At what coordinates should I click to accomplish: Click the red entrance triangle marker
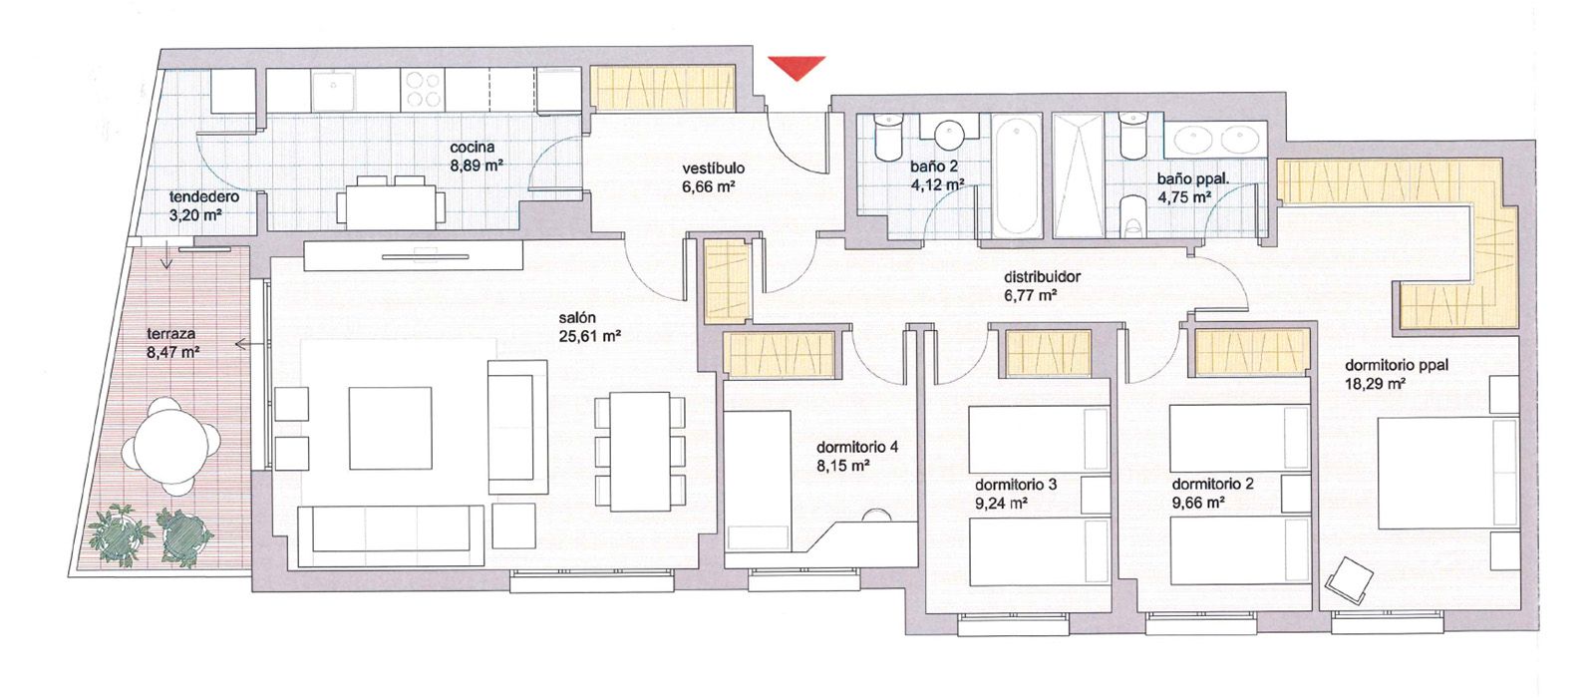click(x=797, y=67)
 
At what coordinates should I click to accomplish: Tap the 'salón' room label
click(x=577, y=318)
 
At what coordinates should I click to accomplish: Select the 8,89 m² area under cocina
click(x=476, y=166)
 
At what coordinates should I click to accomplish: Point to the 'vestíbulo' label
click(x=713, y=169)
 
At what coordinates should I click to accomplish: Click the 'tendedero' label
click(x=203, y=197)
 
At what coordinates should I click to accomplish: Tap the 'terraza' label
click(x=171, y=334)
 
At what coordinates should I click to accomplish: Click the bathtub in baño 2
click(x=1018, y=175)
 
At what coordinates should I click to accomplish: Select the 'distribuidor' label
click(x=1042, y=277)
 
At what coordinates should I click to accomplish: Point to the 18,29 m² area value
click(x=1376, y=383)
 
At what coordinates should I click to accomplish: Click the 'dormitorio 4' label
click(x=856, y=447)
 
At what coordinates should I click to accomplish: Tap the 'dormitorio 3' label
click(x=1016, y=485)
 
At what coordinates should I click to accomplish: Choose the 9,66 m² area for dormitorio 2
click(x=1198, y=504)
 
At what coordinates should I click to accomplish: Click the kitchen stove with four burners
click(x=423, y=91)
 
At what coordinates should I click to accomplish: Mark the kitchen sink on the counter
click(x=332, y=92)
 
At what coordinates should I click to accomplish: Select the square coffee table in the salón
click(x=390, y=428)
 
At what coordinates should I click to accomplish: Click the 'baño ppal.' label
click(x=1192, y=179)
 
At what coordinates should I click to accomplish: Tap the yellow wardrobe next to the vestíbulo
click(x=663, y=88)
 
